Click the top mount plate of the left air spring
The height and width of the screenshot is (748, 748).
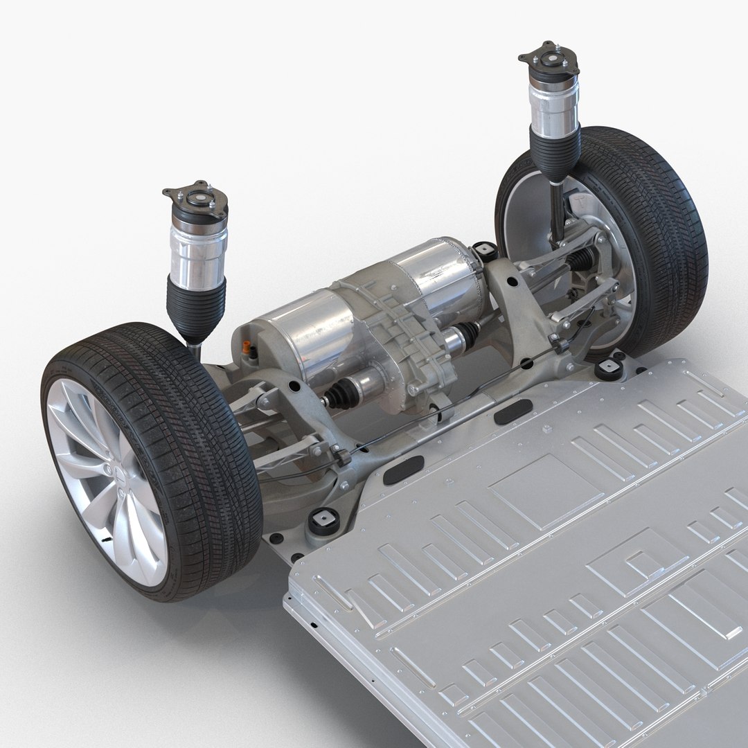pos(188,196)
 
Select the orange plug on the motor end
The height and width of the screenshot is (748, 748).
pos(245,346)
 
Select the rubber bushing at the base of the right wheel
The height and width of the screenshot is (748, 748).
pos(609,368)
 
